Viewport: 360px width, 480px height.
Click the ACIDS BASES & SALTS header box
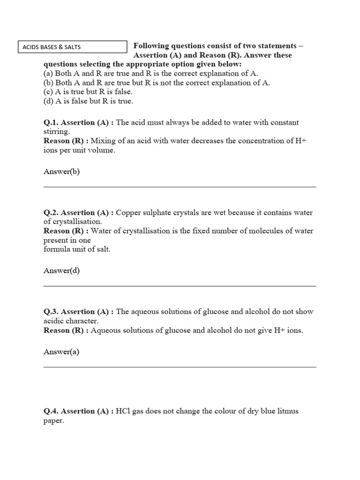72,47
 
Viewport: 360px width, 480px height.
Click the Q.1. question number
51,123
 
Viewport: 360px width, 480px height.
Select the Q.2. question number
51,213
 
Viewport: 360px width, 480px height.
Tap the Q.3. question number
51,312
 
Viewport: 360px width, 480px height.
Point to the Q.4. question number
51,412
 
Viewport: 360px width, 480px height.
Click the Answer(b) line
62,172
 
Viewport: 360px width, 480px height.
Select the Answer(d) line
62,271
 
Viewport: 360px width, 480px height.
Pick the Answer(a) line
61,352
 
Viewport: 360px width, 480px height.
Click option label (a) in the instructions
48,74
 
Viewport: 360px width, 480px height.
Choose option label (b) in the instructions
48,83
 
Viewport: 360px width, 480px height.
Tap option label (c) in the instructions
48,92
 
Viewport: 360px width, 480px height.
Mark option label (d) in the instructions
48,101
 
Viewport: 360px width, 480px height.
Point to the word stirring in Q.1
56,132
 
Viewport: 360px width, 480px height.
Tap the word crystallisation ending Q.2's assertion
78,222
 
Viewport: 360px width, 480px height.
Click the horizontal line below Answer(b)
180,187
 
